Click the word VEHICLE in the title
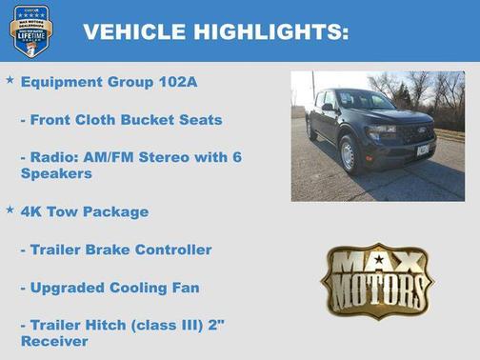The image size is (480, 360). coord(134,31)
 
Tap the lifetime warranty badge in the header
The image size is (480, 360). coord(31,30)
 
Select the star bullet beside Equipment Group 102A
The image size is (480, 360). coord(10,81)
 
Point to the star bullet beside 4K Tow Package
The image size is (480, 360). coord(10,209)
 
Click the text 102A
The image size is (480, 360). coord(178,82)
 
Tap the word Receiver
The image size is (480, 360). coord(56,341)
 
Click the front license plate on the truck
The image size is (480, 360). coord(422,150)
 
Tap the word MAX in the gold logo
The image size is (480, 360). coord(376,263)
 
